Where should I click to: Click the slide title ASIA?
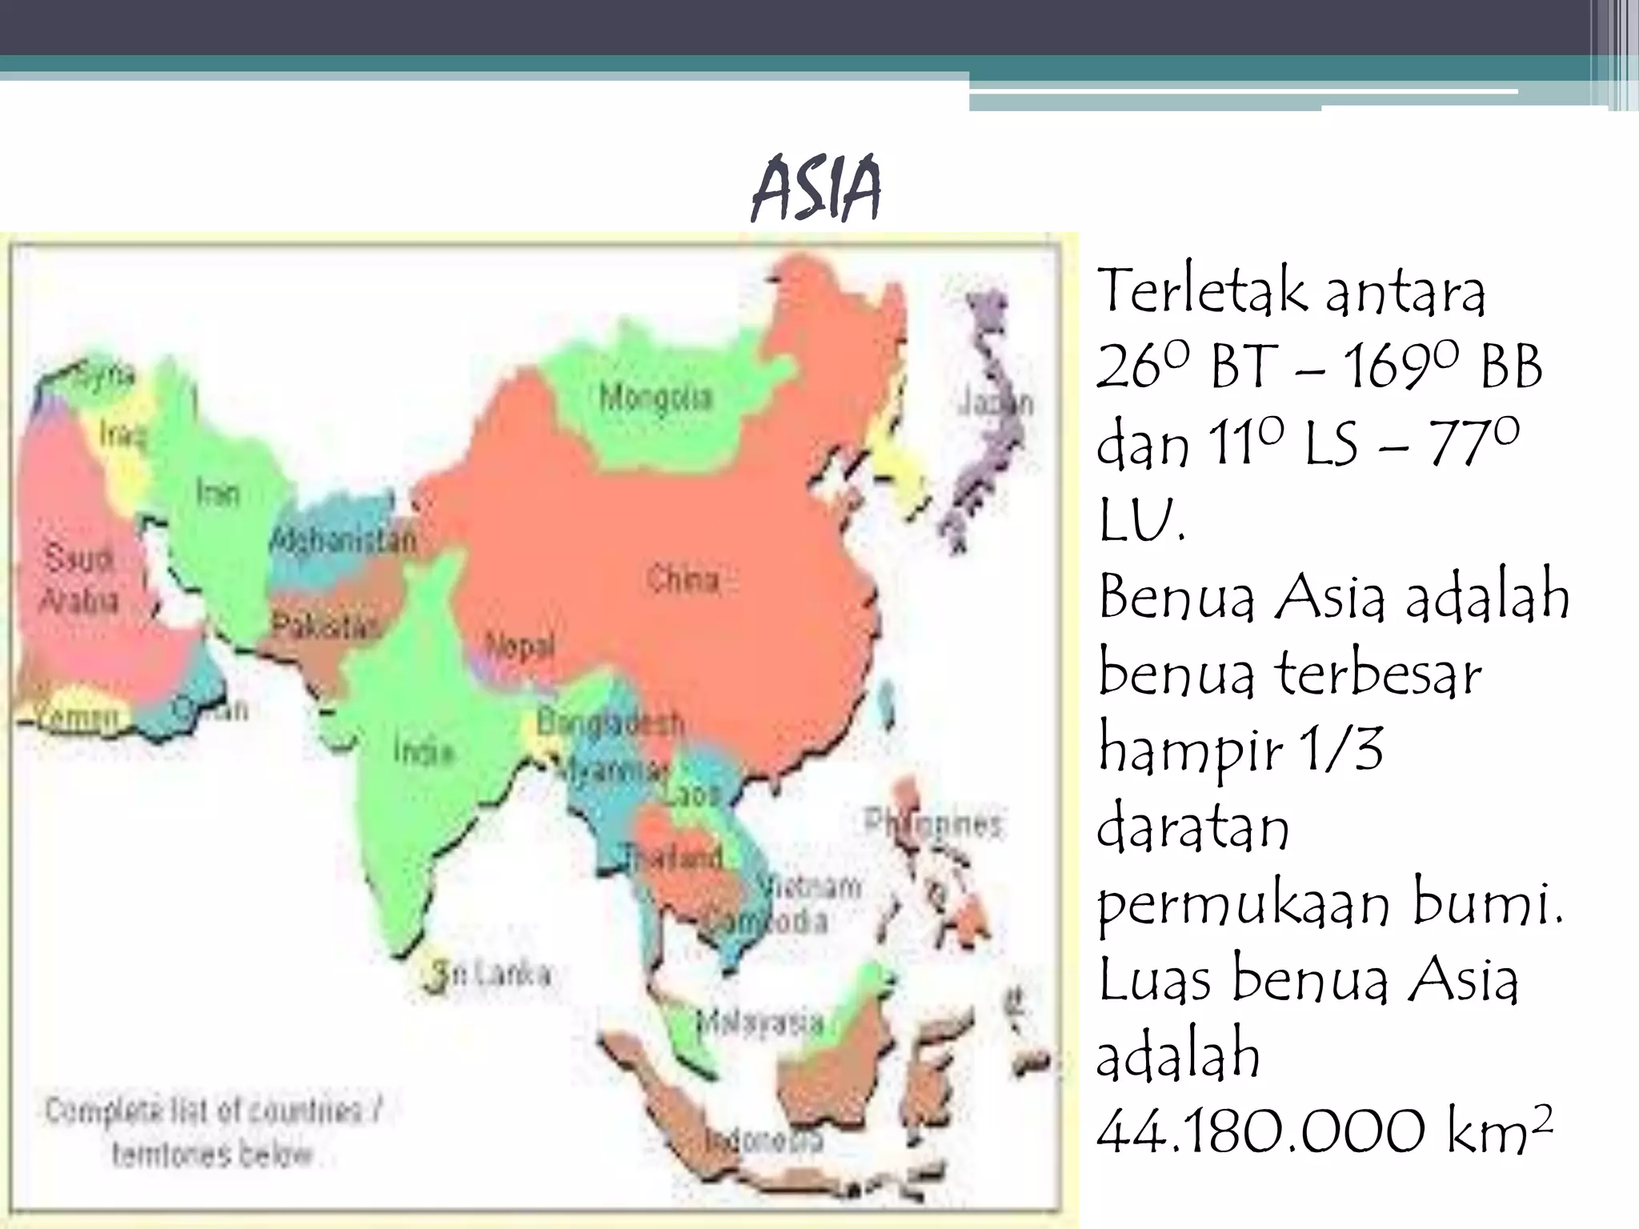816,190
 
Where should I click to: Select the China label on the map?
683,579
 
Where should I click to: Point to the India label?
423,751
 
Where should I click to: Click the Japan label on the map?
996,402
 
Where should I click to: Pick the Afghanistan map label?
344,540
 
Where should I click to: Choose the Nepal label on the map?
519,646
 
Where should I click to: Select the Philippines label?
933,823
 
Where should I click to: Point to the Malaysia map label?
760,1022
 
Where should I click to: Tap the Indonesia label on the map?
764,1139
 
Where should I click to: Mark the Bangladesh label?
610,723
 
